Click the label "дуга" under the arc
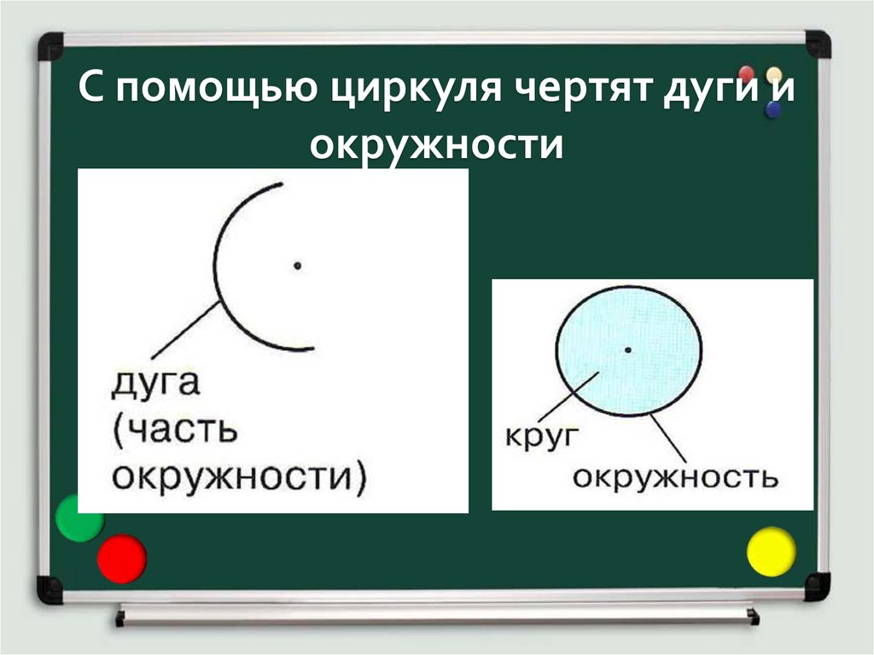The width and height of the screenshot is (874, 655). coord(155,384)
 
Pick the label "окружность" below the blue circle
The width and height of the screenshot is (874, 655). coord(675,477)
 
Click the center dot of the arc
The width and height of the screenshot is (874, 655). coord(297,266)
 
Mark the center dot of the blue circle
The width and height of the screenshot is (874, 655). coord(628,349)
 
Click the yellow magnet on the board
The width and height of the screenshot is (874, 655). coord(771,551)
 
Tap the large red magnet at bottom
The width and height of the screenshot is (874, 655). coord(121,559)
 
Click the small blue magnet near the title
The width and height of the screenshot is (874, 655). coord(774,108)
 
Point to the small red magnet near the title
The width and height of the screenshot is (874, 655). coord(747,74)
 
